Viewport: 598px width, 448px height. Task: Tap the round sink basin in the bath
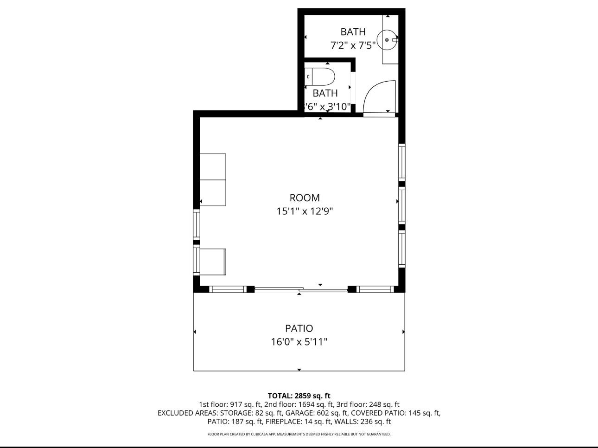pos(387,40)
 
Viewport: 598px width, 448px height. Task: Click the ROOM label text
pos(305,198)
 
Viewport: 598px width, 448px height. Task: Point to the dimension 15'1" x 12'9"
pos(305,211)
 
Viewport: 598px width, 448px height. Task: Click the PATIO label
pos(299,328)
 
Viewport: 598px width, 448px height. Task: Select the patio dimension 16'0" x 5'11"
pos(299,342)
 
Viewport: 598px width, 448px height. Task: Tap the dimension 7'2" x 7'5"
pos(353,45)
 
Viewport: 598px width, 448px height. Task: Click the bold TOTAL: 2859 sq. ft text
pos(299,396)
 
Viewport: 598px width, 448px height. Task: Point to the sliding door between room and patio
pos(300,290)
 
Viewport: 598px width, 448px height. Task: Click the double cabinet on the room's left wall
pos(213,179)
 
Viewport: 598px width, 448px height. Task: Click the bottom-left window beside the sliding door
pos(227,289)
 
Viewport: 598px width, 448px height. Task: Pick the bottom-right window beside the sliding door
pos(375,289)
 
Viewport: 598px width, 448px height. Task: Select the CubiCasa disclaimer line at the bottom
pos(299,435)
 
